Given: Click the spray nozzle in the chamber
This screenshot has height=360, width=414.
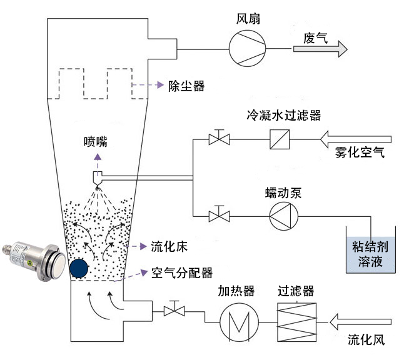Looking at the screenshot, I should [x=99, y=177].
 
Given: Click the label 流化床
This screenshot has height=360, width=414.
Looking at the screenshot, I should [x=168, y=245].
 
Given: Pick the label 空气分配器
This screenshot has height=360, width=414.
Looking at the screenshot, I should [x=181, y=273].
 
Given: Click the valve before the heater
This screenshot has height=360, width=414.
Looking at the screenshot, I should [x=172, y=310].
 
